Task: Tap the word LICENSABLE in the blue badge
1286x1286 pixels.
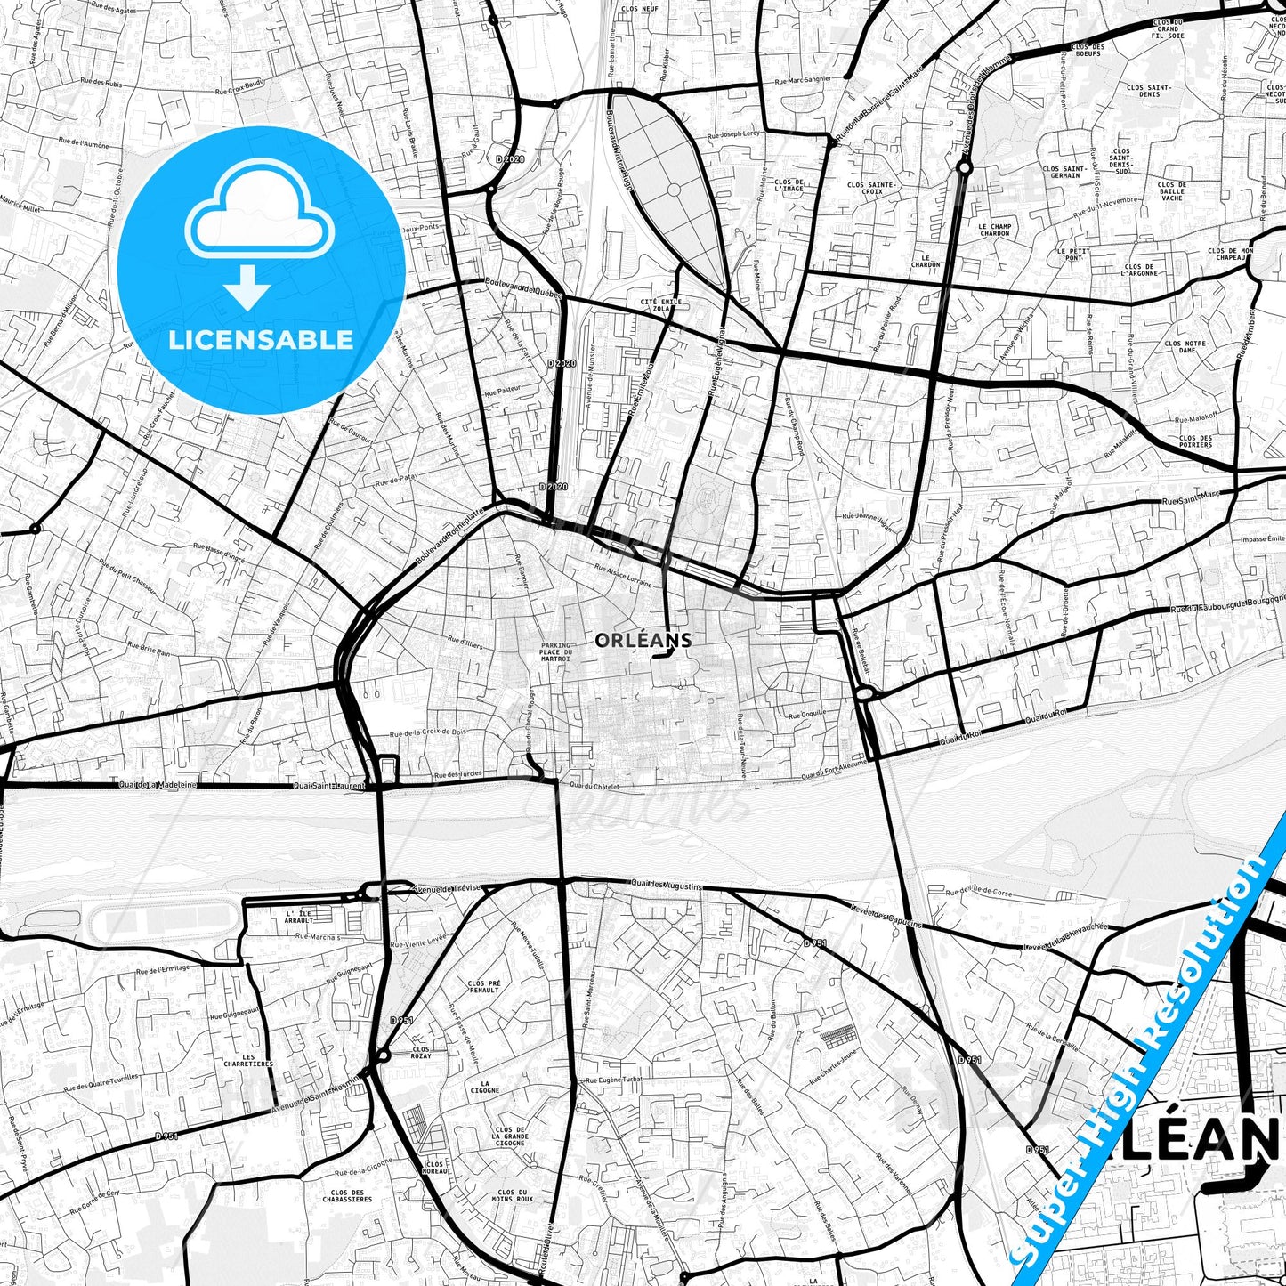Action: [262, 339]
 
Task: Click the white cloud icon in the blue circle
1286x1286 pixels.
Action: [259, 214]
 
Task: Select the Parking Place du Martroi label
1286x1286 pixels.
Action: [555, 652]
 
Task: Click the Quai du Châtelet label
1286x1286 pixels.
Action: [594, 785]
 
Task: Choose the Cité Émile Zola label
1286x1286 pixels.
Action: [661, 306]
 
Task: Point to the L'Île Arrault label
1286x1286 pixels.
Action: [299, 918]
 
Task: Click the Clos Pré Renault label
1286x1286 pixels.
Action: [483, 986]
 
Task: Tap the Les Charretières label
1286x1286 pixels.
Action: [249, 1060]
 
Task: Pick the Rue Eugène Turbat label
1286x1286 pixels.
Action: [612, 1080]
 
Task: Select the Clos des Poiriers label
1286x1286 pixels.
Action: [1195, 441]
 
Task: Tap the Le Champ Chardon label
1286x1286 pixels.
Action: [994, 230]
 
